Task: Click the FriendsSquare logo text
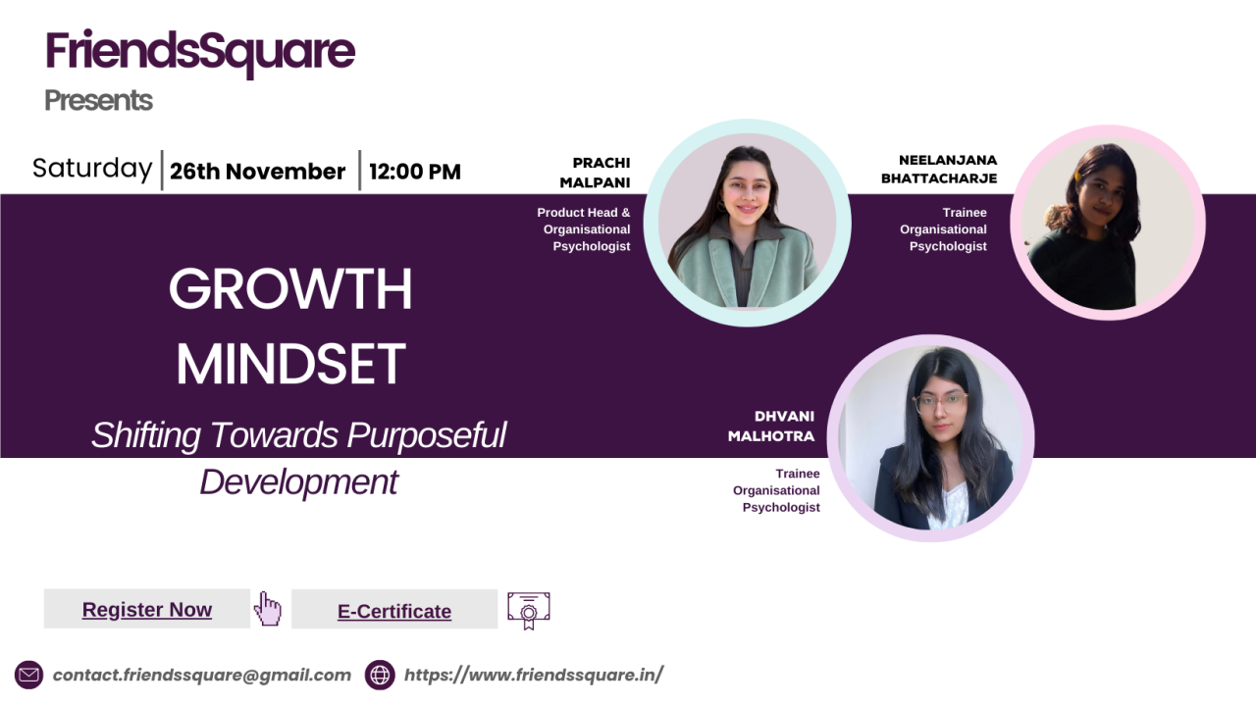(200, 53)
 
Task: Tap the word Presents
(98, 100)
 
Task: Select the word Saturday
(92, 169)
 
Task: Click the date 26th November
(257, 172)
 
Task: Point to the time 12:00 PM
(415, 172)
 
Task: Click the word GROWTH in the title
(290, 288)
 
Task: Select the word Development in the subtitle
(299, 482)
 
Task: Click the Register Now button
(147, 609)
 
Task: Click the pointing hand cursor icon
(268, 609)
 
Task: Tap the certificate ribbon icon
(528, 610)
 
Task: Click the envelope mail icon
(28, 675)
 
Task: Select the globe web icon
(380, 675)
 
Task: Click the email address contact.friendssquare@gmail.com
(202, 675)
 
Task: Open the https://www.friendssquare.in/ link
(534, 675)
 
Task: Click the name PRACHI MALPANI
(595, 173)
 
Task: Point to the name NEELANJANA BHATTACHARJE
(939, 170)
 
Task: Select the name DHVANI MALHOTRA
(771, 426)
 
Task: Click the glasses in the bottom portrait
(940, 402)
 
